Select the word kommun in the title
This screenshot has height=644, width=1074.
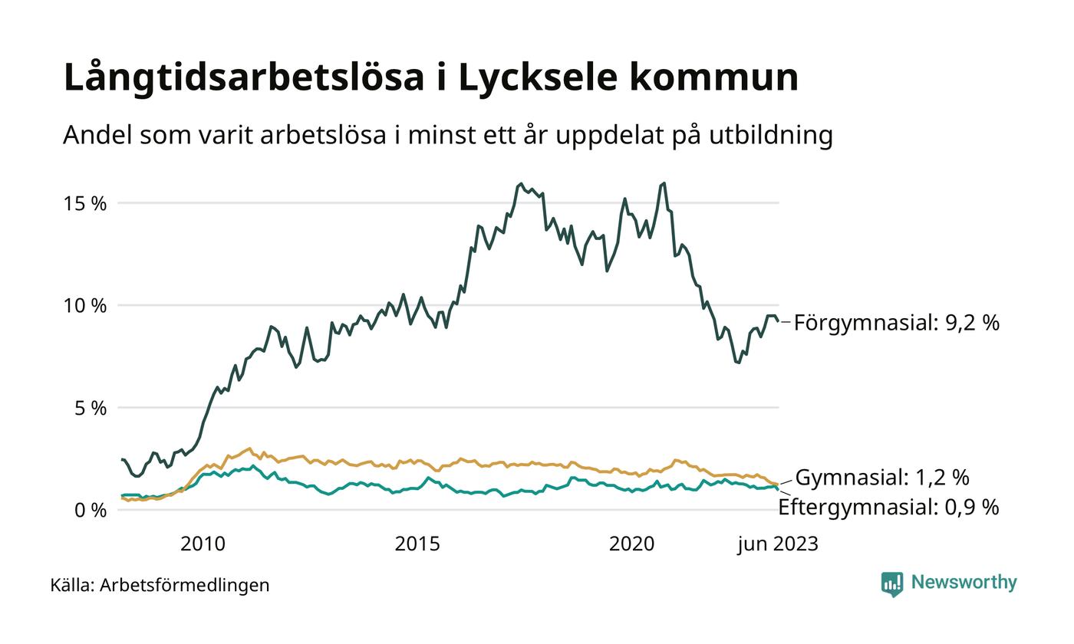pyautogui.click(x=717, y=77)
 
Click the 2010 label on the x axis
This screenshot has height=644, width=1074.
pyautogui.click(x=203, y=544)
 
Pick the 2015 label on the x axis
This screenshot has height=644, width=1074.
pyautogui.click(x=417, y=544)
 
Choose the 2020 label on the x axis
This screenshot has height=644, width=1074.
pyautogui.click(x=631, y=544)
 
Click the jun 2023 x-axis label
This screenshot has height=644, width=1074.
pyautogui.click(x=778, y=544)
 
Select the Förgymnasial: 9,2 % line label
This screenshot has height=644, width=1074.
pyautogui.click(x=896, y=323)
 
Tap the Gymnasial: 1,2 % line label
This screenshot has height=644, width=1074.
pyautogui.click(x=882, y=478)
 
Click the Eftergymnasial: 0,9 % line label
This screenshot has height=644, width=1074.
pyautogui.click(x=888, y=507)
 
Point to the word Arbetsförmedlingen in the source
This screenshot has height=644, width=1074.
pyautogui.click(x=185, y=586)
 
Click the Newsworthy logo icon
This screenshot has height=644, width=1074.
pyautogui.click(x=892, y=583)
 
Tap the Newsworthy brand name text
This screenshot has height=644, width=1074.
pyautogui.click(x=964, y=583)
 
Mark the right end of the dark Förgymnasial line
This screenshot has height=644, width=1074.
pyautogui.click(x=779, y=321)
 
